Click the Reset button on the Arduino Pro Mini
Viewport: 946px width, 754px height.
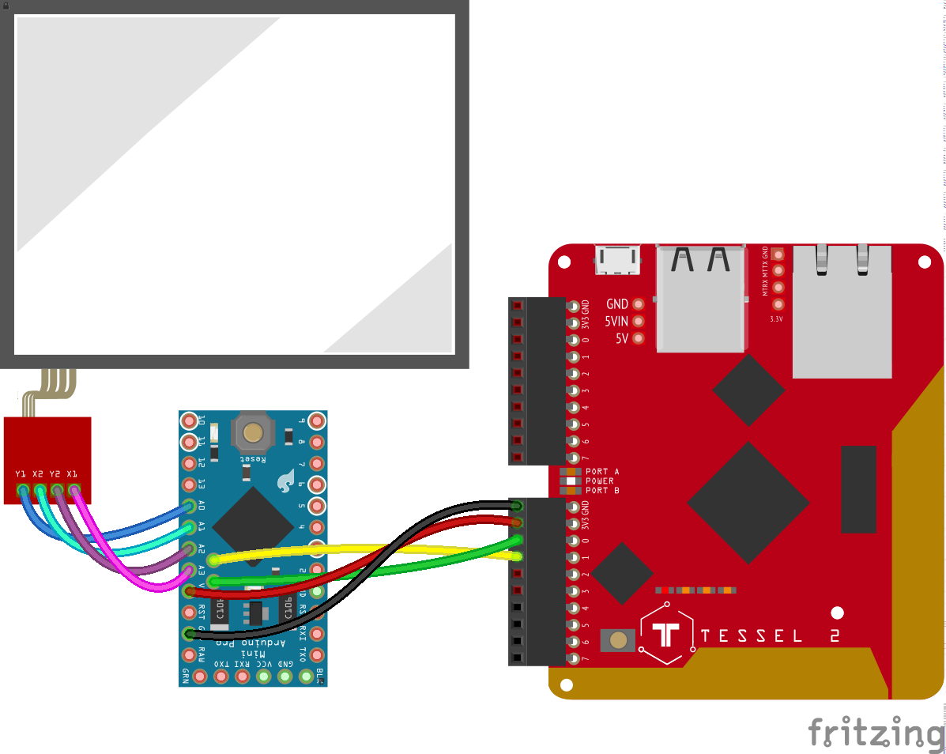[253, 432]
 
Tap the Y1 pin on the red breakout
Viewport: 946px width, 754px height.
[23, 491]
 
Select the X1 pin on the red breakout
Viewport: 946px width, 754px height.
[74, 491]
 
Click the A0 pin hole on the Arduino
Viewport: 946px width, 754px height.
[189, 506]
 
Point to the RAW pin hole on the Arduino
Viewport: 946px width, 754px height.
[189, 655]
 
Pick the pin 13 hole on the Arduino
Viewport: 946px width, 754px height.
[189, 484]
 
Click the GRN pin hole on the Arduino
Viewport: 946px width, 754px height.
[200, 676]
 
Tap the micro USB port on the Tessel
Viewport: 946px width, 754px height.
[617, 260]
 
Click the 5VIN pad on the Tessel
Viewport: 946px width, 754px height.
[639, 321]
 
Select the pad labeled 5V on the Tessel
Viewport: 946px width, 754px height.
[639, 338]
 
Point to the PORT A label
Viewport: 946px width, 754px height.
[602, 472]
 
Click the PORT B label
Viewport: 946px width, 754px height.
[602, 491]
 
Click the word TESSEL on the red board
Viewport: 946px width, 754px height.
[751, 636]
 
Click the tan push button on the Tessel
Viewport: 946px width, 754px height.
[619, 640]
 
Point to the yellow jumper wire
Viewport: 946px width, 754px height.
[356, 547]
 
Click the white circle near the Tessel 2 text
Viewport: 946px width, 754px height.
[838, 612]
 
